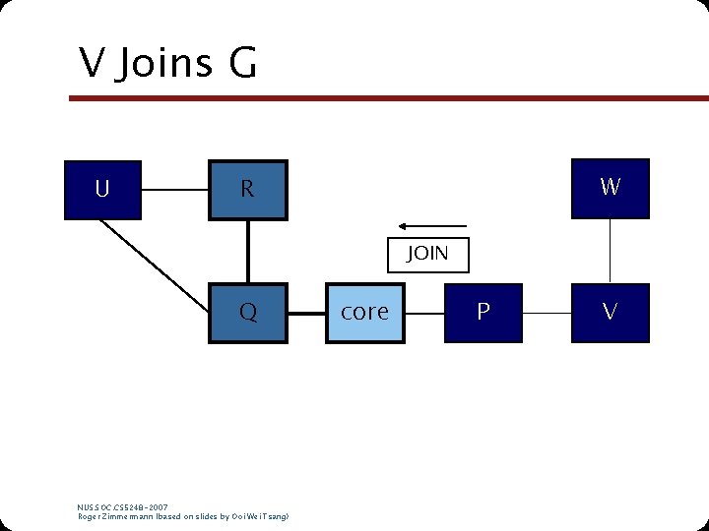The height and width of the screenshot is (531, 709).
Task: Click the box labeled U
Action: point(102,188)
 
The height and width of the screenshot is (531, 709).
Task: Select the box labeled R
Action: point(247,188)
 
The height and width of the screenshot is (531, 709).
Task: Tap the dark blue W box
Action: point(610,187)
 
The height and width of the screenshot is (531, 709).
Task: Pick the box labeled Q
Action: point(247,313)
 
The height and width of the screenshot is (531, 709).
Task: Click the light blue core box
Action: point(365,313)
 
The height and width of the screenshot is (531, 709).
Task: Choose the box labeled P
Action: point(483,313)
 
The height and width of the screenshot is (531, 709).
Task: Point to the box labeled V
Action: point(610,313)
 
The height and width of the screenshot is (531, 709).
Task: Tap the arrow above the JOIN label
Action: point(433,225)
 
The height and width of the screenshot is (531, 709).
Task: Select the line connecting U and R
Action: point(174,188)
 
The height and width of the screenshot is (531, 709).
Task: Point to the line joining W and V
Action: point(610,250)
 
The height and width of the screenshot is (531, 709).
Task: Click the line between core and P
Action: point(423,313)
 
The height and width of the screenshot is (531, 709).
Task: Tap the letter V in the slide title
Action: point(93,65)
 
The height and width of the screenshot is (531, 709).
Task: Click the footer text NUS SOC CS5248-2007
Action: point(122,507)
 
